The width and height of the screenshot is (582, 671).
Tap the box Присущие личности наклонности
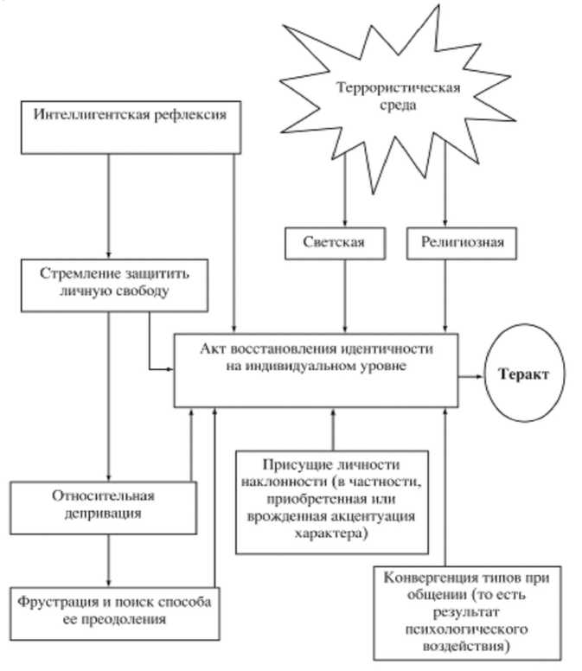tap(332, 499)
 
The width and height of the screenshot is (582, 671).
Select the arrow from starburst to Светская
tap(345, 190)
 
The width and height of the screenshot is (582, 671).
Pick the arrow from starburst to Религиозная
tap(444, 190)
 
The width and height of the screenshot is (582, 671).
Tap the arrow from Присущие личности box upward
tap(331, 428)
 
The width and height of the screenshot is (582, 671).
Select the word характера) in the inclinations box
tap(331, 535)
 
